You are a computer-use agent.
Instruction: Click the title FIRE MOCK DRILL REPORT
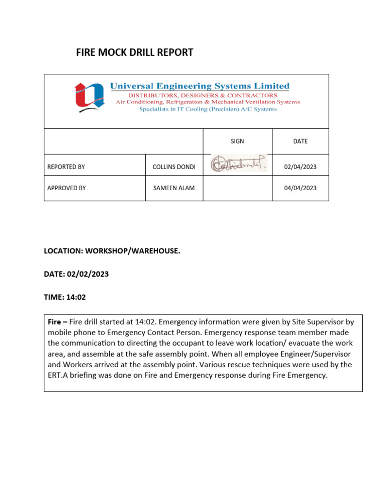click(x=135, y=53)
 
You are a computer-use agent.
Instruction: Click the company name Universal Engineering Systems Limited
click(x=200, y=86)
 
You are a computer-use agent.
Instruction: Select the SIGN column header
click(x=237, y=142)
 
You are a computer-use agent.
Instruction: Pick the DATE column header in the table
click(x=300, y=142)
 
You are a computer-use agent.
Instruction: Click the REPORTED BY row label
click(x=66, y=167)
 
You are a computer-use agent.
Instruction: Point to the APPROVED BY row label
click(x=67, y=188)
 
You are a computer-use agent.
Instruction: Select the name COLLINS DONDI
click(x=174, y=167)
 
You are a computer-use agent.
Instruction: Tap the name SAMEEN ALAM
click(x=174, y=188)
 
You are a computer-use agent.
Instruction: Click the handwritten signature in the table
click(x=238, y=164)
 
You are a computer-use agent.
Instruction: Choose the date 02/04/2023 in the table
click(x=300, y=167)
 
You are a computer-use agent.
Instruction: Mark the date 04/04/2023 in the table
click(x=300, y=188)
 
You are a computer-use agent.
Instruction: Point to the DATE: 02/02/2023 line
click(x=76, y=274)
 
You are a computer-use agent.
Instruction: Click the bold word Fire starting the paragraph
click(x=54, y=322)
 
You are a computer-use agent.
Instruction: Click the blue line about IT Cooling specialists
click(x=208, y=109)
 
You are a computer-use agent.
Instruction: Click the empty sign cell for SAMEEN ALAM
click(x=237, y=188)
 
